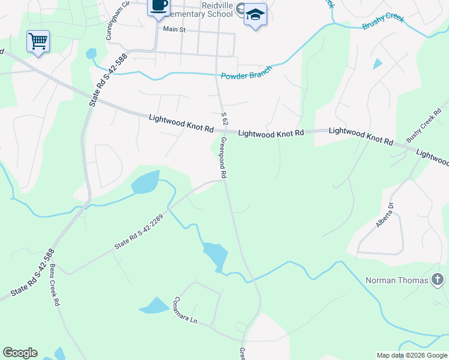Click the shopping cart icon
38,41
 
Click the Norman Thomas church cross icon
438,280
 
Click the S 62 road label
224,118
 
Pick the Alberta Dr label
384,214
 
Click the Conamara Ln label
185,310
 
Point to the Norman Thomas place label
397,280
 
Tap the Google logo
20,353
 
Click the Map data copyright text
411,355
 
